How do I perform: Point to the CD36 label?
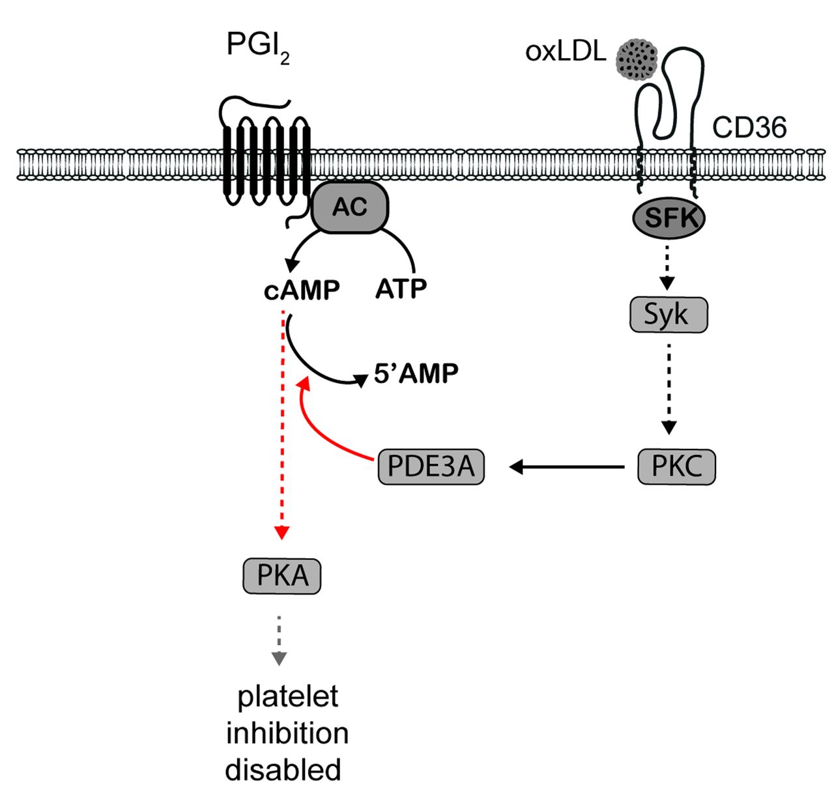click(x=749, y=128)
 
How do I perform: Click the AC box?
click(x=350, y=207)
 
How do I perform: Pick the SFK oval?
click(x=668, y=218)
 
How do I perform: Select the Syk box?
click(x=668, y=315)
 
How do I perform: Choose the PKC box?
click(x=676, y=466)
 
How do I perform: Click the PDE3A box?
click(x=431, y=466)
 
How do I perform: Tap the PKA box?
click(x=282, y=575)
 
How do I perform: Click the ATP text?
click(x=401, y=288)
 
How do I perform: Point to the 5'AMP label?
click(x=416, y=373)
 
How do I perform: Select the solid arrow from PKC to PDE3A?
click(x=567, y=466)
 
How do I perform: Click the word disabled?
click(x=283, y=769)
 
